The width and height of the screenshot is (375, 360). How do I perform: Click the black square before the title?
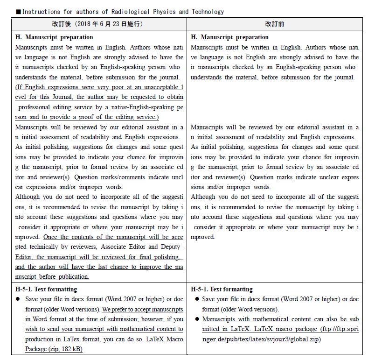point(18,12)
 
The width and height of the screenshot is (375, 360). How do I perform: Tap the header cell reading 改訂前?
point(275,24)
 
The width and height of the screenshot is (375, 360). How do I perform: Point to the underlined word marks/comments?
point(123,177)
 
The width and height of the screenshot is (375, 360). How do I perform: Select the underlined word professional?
point(37,107)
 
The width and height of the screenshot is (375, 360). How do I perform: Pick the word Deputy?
point(171,247)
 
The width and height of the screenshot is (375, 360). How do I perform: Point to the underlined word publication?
point(74,276)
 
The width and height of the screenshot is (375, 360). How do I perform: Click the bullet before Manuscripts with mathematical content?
point(197,319)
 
